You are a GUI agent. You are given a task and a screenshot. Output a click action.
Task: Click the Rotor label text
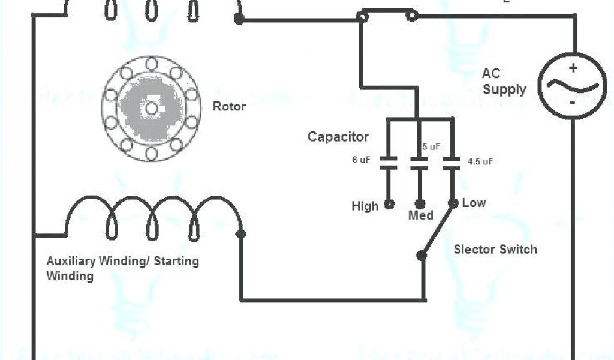[229, 107]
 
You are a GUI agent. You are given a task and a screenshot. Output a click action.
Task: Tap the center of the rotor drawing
[151, 108]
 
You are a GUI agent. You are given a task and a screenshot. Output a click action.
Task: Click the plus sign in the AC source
[573, 68]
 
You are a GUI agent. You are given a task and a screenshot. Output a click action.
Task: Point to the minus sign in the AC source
[573, 103]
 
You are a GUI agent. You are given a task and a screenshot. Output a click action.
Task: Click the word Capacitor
[338, 137]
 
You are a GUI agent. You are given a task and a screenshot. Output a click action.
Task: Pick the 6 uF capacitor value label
[361, 160]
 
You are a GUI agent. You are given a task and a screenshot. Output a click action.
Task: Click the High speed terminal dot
[389, 204]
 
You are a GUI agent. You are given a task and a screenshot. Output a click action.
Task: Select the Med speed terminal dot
[420, 204]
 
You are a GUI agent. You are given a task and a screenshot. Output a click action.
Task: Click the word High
[365, 206]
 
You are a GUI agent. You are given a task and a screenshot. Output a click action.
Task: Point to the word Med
[420, 215]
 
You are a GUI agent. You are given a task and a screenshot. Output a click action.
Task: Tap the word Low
[474, 203]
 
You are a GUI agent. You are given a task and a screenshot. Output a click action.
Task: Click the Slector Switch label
[495, 249]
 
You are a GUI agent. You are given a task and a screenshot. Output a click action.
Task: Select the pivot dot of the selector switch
[422, 256]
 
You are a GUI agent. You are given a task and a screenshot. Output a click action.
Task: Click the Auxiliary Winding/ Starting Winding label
[123, 269]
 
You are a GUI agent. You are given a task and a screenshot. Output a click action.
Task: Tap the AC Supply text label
[504, 82]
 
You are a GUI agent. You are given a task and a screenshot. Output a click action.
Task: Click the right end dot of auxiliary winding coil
[241, 234]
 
